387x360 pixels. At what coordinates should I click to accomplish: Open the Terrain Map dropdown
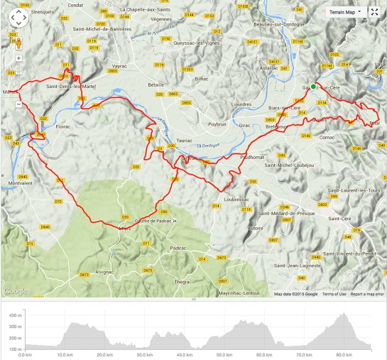pos(346,12)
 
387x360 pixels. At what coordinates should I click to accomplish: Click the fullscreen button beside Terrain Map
pos(376,12)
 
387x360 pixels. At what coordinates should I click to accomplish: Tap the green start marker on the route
pos(313,87)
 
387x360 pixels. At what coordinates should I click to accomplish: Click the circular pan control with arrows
pos(16,17)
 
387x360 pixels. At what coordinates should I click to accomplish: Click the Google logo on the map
pos(16,290)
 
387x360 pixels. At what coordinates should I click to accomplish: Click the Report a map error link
pos(367,294)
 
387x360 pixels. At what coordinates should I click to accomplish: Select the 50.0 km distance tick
pos(224,354)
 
